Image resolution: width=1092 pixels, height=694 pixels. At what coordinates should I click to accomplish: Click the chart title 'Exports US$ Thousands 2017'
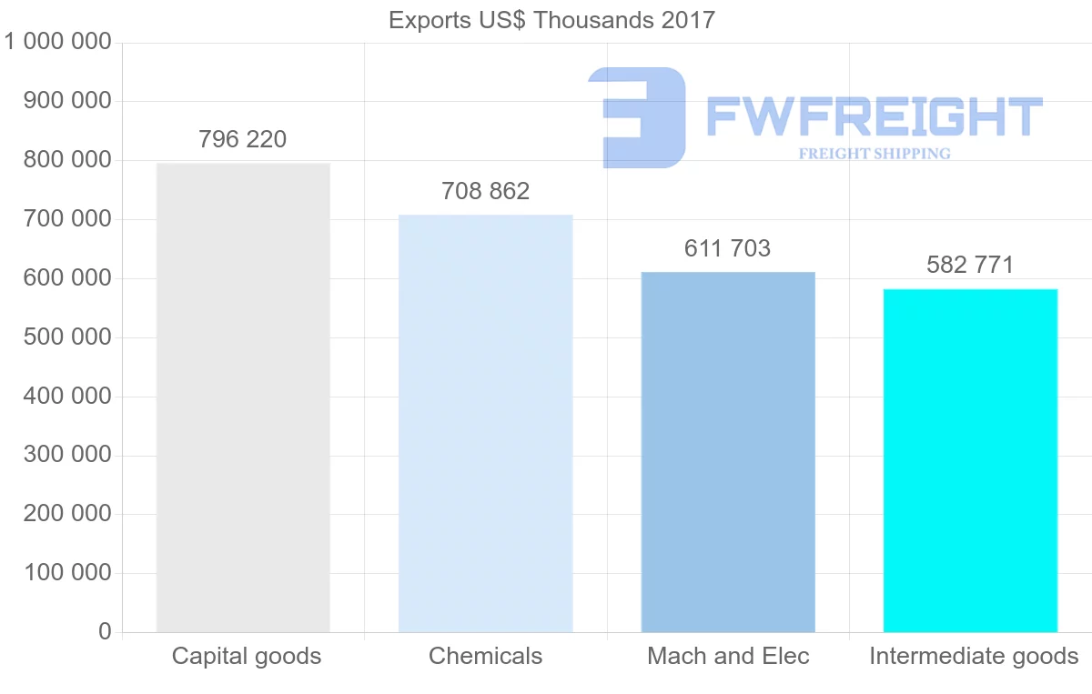[x=551, y=20]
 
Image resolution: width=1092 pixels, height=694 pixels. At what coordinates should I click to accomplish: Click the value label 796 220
[x=242, y=140]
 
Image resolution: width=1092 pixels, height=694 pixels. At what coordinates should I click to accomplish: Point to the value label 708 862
[x=485, y=192]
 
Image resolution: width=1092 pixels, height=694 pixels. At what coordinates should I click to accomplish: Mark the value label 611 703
[x=728, y=248]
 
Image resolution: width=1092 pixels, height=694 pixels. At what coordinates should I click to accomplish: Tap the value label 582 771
[x=970, y=266]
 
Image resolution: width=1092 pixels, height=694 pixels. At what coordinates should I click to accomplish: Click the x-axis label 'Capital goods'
[x=247, y=657]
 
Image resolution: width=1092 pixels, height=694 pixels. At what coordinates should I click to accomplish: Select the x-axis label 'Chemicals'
[x=485, y=657]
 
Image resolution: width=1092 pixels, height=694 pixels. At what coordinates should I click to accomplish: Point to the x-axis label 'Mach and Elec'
[x=728, y=657]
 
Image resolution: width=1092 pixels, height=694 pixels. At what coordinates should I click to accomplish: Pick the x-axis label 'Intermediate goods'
[x=974, y=657]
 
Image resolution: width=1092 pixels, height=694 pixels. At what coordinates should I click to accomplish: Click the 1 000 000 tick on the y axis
[x=58, y=42]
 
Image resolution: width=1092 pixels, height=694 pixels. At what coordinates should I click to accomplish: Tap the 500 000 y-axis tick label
[x=65, y=337]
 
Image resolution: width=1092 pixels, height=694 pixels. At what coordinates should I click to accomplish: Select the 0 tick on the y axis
[x=105, y=632]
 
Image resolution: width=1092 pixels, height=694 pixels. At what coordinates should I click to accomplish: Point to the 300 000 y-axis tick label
[x=65, y=455]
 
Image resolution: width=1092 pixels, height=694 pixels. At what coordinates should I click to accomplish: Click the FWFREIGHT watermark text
[x=874, y=117]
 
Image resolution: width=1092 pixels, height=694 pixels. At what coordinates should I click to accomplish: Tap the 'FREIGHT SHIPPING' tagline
[x=875, y=154]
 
